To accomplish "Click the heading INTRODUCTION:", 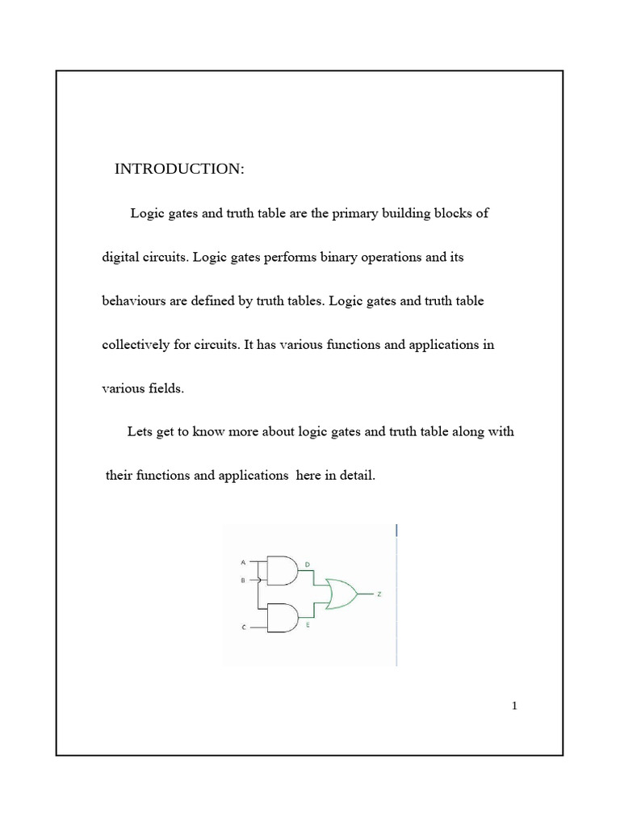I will (x=178, y=169).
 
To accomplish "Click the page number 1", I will (x=514, y=707).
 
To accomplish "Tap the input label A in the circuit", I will (x=243, y=561).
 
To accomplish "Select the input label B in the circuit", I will (x=243, y=580).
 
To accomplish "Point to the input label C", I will (x=243, y=627).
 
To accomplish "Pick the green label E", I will (x=308, y=625).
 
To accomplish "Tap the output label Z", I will (x=380, y=594).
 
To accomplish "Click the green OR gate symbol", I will (x=340, y=595).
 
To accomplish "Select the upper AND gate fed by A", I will (x=280, y=570).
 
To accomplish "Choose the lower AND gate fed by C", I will (x=280, y=618).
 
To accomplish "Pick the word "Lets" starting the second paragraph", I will (x=140, y=431).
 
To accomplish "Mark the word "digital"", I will (x=121, y=258).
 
